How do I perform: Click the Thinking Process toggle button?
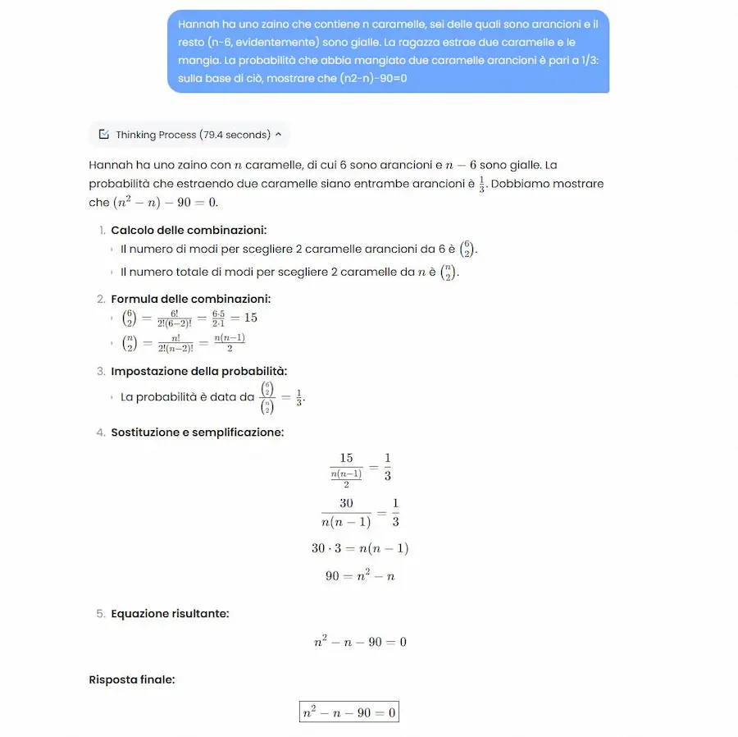tap(189, 135)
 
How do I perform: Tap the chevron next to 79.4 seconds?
tap(278, 135)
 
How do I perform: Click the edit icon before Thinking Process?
tap(104, 135)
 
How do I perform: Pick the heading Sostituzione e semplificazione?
tap(197, 432)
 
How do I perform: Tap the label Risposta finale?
tap(131, 680)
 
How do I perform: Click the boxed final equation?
tap(348, 712)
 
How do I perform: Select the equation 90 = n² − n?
tap(360, 576)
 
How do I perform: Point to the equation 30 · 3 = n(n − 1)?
tap(360, 548)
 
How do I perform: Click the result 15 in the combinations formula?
tap(250, 318)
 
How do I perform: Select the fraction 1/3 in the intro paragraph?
tap(481, 184)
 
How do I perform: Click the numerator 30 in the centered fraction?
tap(345, 503)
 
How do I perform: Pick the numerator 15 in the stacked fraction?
tap(345, 458)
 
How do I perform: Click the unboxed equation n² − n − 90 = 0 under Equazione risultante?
tap(360, 642)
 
